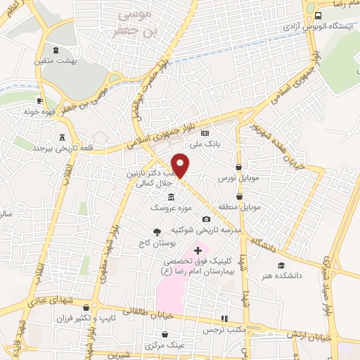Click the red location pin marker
click(x=181, y=164)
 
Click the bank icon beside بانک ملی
click(x=205, y=132)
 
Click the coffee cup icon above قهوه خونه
click(x=39, y=101)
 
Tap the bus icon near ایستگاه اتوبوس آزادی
click(x=319, y=15)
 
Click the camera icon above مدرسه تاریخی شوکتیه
click(x=206, y=219)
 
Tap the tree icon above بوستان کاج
click(x=156, y=232)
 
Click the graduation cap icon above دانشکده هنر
click(x=281, y=265)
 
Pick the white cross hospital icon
click(x=198, y=250)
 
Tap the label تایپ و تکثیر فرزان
click(x=84, y=319)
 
